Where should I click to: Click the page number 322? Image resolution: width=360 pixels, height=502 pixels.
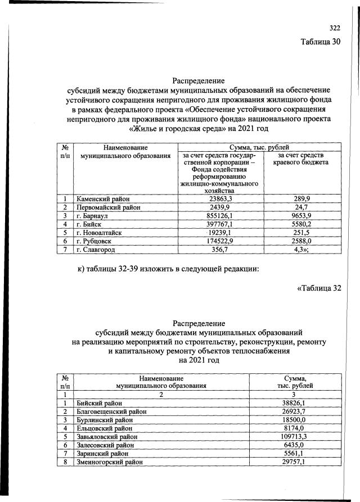[x=335, y=28]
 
